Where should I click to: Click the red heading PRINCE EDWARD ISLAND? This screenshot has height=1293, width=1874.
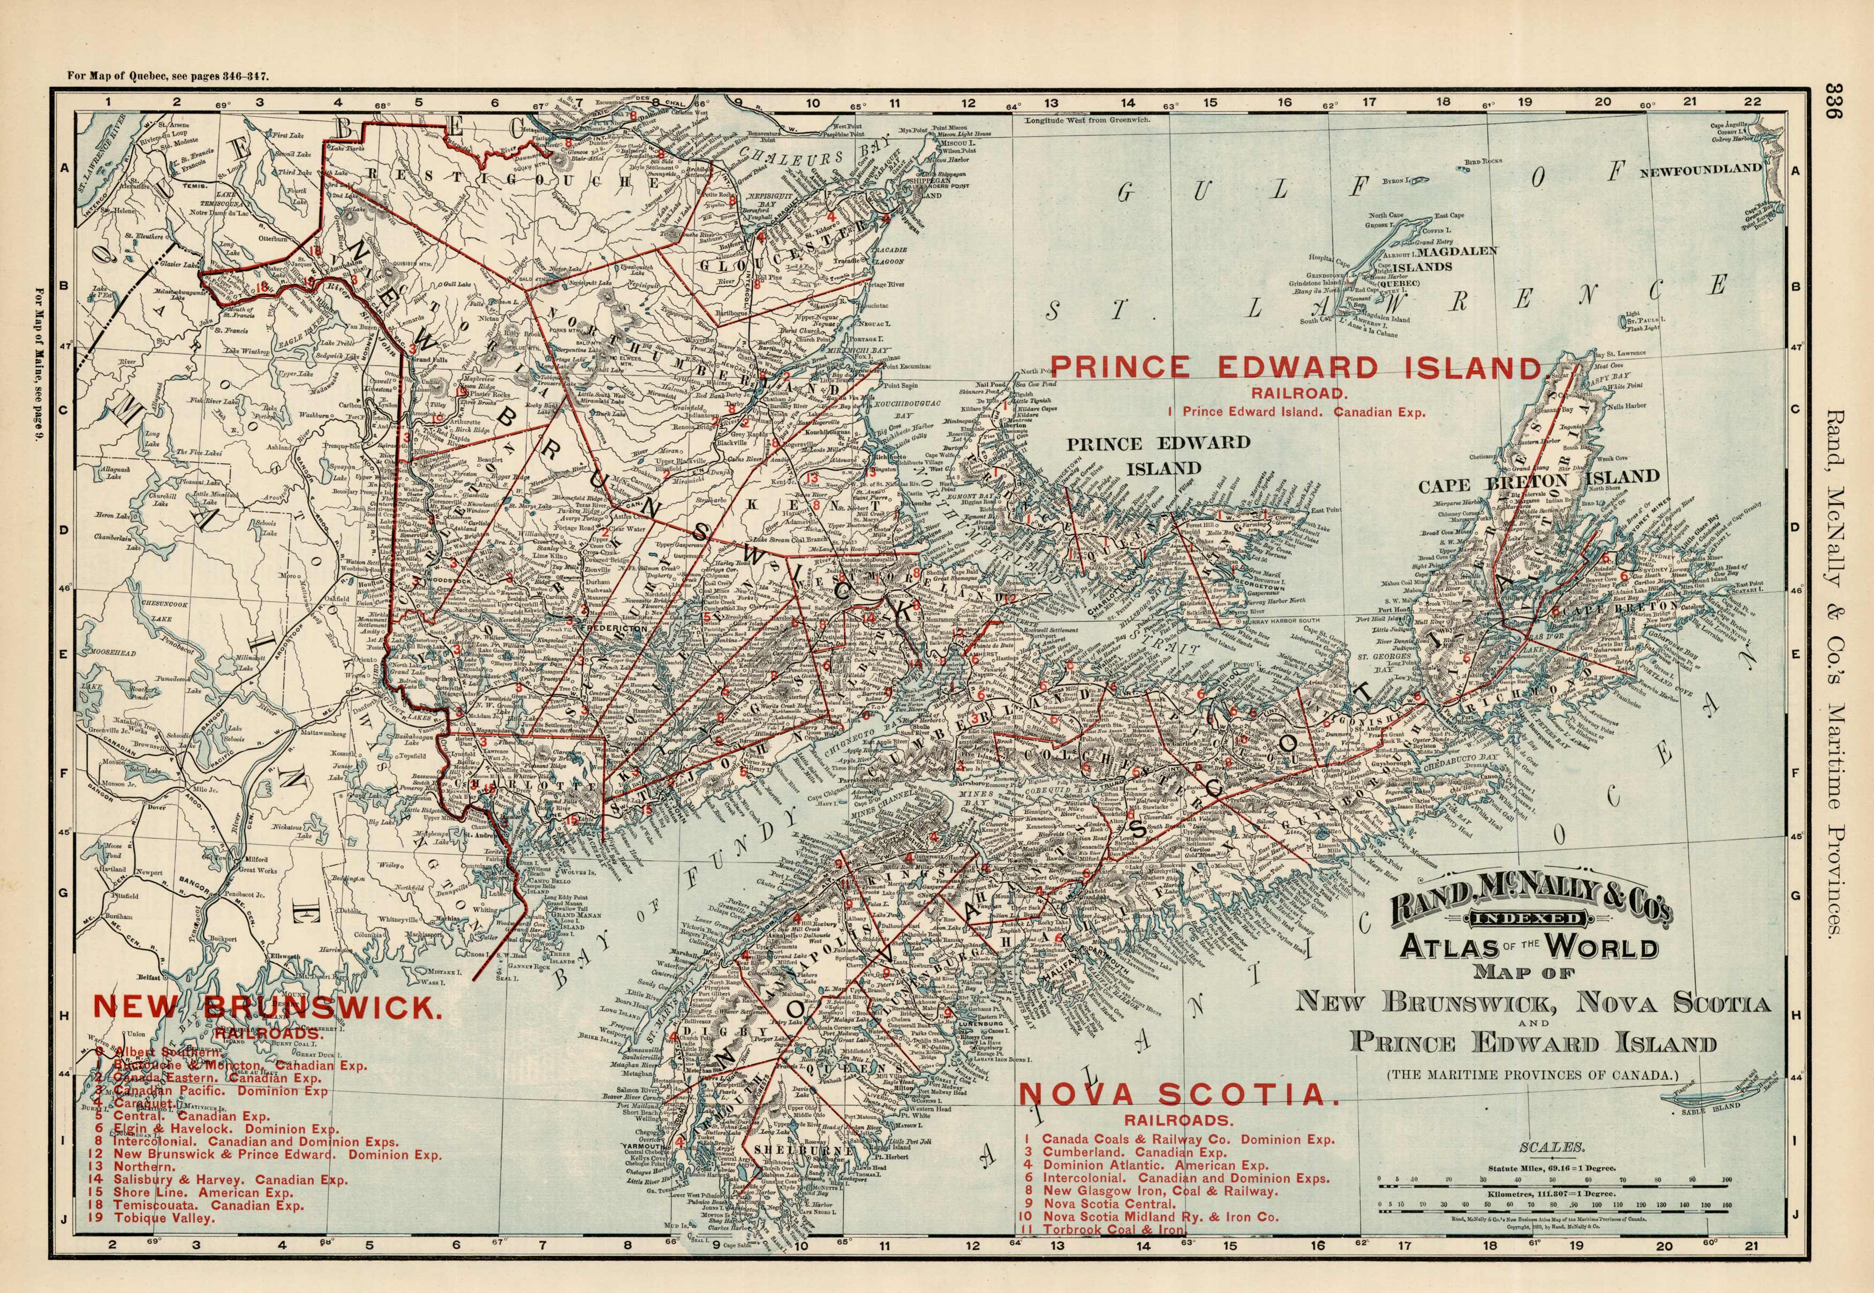pos(1296,368)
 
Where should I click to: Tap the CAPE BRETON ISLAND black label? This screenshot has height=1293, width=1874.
pos(1539,481)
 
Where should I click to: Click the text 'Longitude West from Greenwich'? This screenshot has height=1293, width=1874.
pos(1087,120)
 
